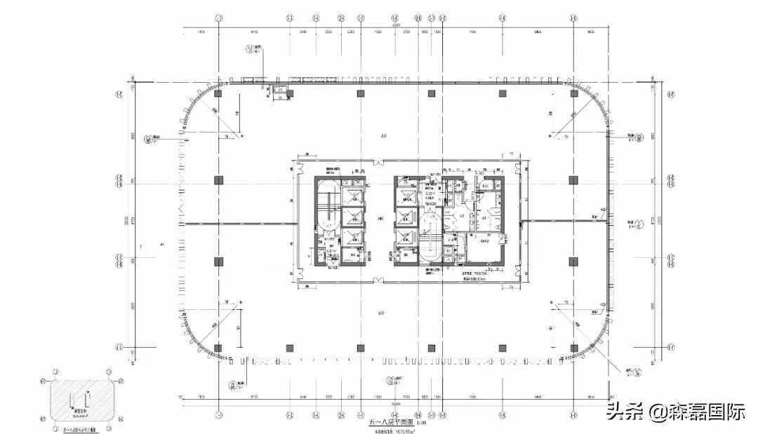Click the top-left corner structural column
219,93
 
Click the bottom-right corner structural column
573,348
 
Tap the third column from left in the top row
360,93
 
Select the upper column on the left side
219,179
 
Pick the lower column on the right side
573,261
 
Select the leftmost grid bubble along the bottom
219,413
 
